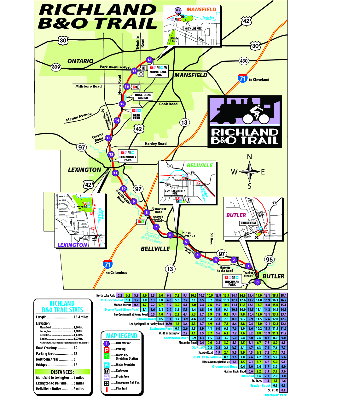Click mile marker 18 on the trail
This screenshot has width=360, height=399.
(149, 60)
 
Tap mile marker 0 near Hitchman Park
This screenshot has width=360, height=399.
(257, 282)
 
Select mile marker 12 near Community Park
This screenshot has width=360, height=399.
(111, 154)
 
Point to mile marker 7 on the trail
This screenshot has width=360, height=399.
(156, 227)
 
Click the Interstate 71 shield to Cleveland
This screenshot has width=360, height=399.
(243, 78)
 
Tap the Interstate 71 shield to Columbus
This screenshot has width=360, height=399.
(108, 264)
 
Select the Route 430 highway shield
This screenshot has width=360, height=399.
(244, 61)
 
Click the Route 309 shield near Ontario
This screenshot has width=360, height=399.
(56, 67)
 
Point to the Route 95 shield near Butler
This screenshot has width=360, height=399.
(269, 259)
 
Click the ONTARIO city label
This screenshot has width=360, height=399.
(80, 61)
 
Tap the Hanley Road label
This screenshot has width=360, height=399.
(155, 144)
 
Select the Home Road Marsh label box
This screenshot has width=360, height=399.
(143, 96)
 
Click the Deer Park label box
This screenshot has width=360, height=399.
(136, 117)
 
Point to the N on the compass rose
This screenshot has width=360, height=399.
(249, 157)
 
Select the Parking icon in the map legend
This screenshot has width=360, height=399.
(107, 349)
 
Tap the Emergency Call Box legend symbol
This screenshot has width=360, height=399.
(107, 383)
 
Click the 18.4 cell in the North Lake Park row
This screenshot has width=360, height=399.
(283, 295)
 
